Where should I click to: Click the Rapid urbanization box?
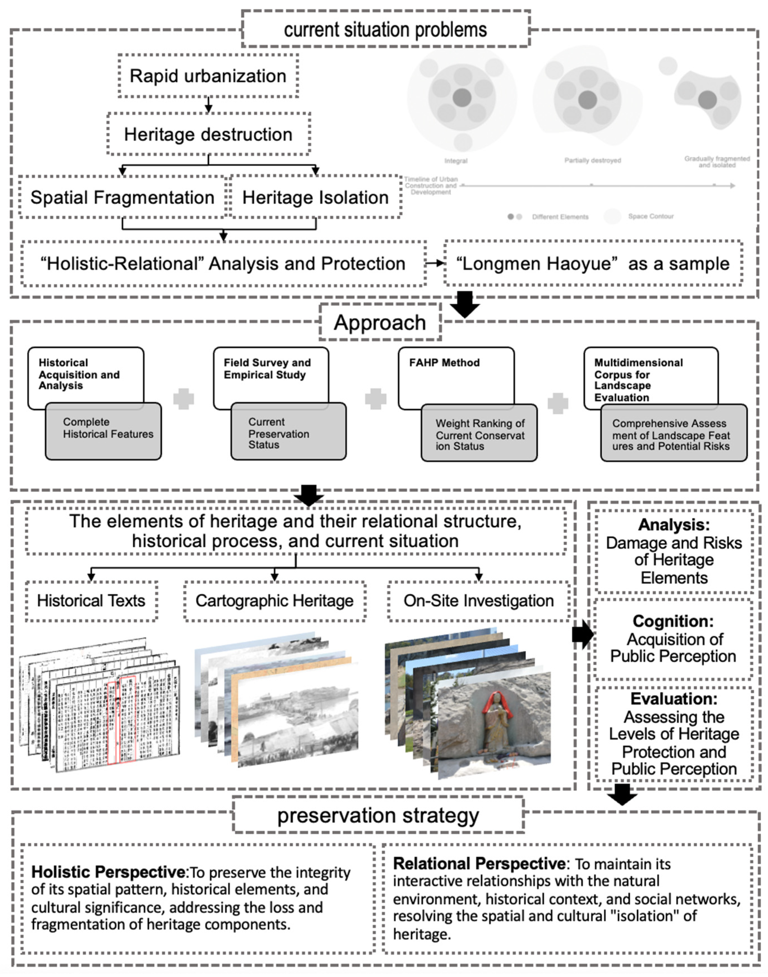coord(208,76)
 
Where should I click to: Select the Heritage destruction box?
coord(208,134)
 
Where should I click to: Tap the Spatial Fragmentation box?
coord(122,197)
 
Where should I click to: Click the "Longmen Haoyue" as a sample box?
coord(593,264)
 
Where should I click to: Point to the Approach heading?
coord(380,323)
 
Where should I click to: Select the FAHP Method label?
coord(444,363)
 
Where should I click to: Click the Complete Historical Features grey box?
coord(103,430)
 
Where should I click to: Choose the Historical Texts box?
coord(91,601)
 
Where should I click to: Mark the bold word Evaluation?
coord(674,699)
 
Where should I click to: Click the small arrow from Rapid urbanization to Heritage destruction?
coord(208,105)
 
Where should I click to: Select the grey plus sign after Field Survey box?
coord(375,399)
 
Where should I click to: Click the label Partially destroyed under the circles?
coord(593,160)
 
